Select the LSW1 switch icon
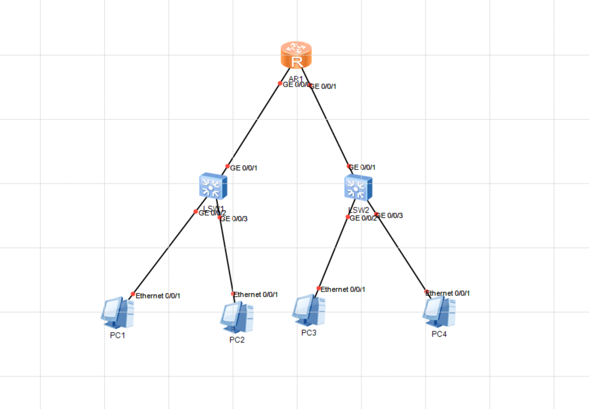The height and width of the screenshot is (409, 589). [213, 186]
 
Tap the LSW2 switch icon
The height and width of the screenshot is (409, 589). [358, 188]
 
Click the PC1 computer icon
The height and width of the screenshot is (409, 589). [117, 313]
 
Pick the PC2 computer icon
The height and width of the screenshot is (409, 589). [237, 317]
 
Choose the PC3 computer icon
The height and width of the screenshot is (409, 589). [309, 310]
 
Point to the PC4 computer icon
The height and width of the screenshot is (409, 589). [439, 311]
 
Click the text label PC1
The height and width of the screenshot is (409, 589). [117, 335]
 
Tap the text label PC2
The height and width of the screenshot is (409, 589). [237, 340]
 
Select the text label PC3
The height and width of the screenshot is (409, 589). [309, 333]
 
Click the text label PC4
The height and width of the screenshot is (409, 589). [439, 334]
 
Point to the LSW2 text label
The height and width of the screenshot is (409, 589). [359, 210]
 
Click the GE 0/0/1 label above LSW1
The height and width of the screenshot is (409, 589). [244, 168]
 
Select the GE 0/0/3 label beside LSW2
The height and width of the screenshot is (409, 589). [390, 215]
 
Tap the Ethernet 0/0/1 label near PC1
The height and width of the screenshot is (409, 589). [158, 296]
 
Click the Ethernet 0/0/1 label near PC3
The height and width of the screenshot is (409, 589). [343, 290]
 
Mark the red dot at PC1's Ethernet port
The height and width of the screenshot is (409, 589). [133, 294]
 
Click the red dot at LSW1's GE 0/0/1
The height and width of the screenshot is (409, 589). [227, 166]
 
